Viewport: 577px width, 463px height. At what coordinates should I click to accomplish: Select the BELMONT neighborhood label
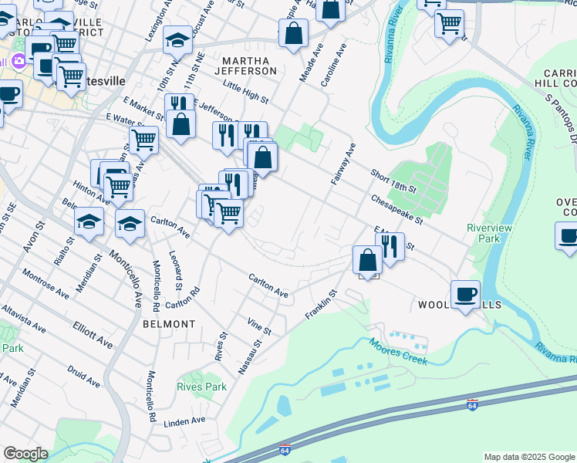[x=169, y=324]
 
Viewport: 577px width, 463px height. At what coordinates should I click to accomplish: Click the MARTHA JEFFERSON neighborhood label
[x=249, y=66]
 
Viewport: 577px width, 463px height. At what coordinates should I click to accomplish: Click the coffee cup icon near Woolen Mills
[x=465, y=294]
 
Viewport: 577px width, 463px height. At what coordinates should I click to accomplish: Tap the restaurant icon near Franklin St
[x=390, y=247]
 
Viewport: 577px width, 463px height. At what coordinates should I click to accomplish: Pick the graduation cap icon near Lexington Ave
[x=177, y=39]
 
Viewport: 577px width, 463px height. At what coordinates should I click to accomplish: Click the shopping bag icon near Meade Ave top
[x=293, y=33]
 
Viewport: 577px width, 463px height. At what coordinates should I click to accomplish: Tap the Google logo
[x=25, y=455]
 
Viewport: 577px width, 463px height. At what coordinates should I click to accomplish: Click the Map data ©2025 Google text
[x=528, y=457]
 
